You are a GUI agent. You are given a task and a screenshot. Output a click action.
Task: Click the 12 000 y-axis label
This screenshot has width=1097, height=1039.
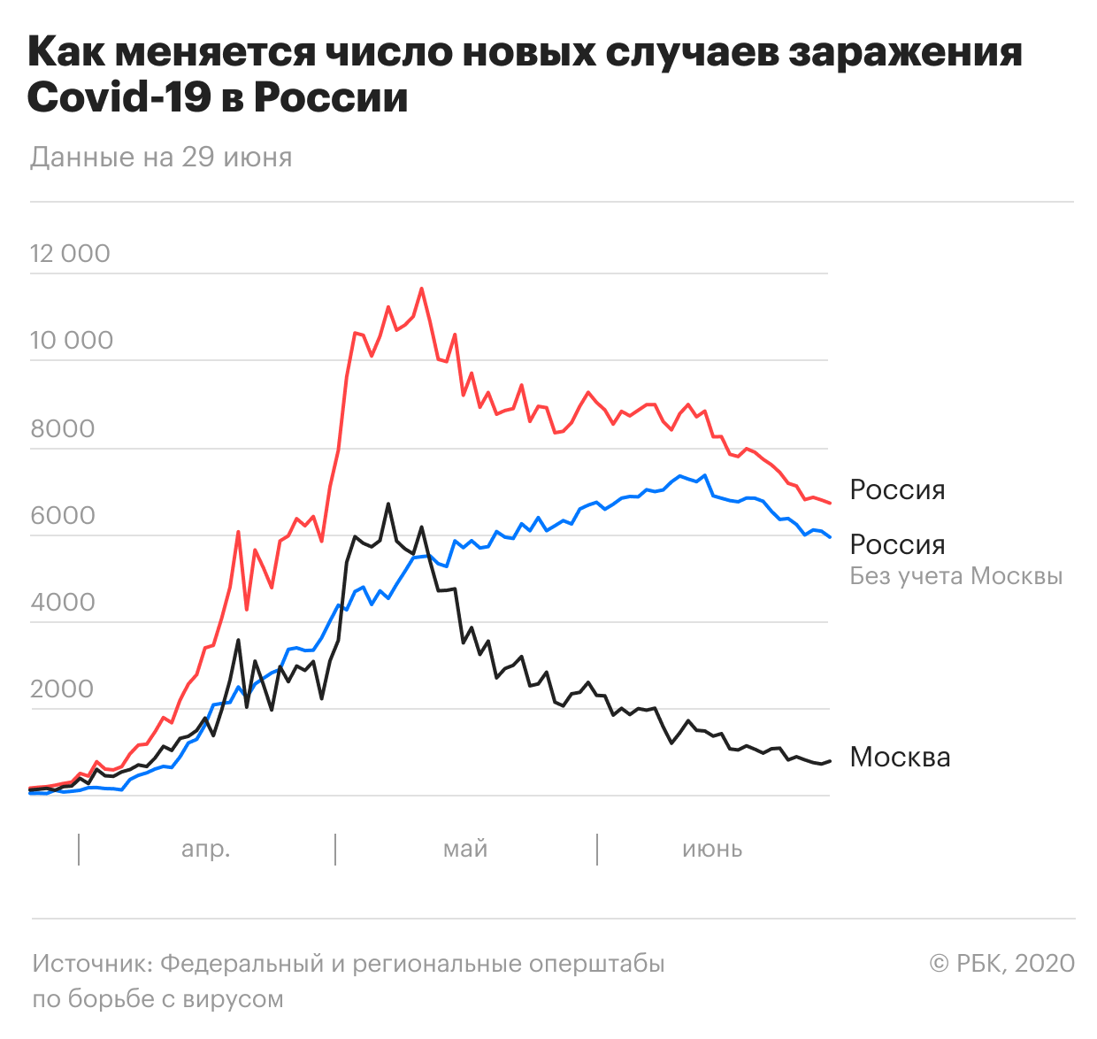[70, 253]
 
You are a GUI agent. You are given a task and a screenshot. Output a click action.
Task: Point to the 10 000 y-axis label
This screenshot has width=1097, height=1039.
[72, 340]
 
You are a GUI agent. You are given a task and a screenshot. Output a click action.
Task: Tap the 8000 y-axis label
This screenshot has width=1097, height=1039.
[63, 428]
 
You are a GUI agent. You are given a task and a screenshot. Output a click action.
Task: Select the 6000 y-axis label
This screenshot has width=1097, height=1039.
[63, 515]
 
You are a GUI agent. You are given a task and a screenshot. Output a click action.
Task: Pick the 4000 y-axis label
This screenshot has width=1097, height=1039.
[63, 602]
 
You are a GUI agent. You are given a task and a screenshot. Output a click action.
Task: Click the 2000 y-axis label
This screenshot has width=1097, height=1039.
[62, 689]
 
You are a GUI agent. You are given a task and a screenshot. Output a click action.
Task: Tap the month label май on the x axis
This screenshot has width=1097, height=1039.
[464, 849]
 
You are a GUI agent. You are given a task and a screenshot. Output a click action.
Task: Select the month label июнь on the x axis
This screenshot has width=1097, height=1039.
[712, 850]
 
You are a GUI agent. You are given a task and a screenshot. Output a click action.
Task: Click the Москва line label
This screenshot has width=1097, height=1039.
[900, 758]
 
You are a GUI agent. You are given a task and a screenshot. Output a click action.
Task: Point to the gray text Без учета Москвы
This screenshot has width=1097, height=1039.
[955, 576]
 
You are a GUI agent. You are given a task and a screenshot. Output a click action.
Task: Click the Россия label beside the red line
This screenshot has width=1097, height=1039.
[897, 490]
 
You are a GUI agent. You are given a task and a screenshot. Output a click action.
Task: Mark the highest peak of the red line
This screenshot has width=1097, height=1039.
[421, 289]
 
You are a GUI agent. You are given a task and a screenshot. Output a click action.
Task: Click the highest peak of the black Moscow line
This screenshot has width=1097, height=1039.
[387, 504]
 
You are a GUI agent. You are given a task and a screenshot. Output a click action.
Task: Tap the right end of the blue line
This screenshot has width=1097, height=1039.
[831, 537]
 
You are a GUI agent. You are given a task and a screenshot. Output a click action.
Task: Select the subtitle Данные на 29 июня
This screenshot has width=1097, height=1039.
[161, 158]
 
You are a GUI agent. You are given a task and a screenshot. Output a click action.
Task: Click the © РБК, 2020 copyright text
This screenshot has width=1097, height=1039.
[1001, 963]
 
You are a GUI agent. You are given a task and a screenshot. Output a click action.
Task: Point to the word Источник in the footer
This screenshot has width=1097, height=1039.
[93, 963]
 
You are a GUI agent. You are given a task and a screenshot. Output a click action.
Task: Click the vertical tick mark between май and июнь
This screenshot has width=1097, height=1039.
[596, 850]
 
